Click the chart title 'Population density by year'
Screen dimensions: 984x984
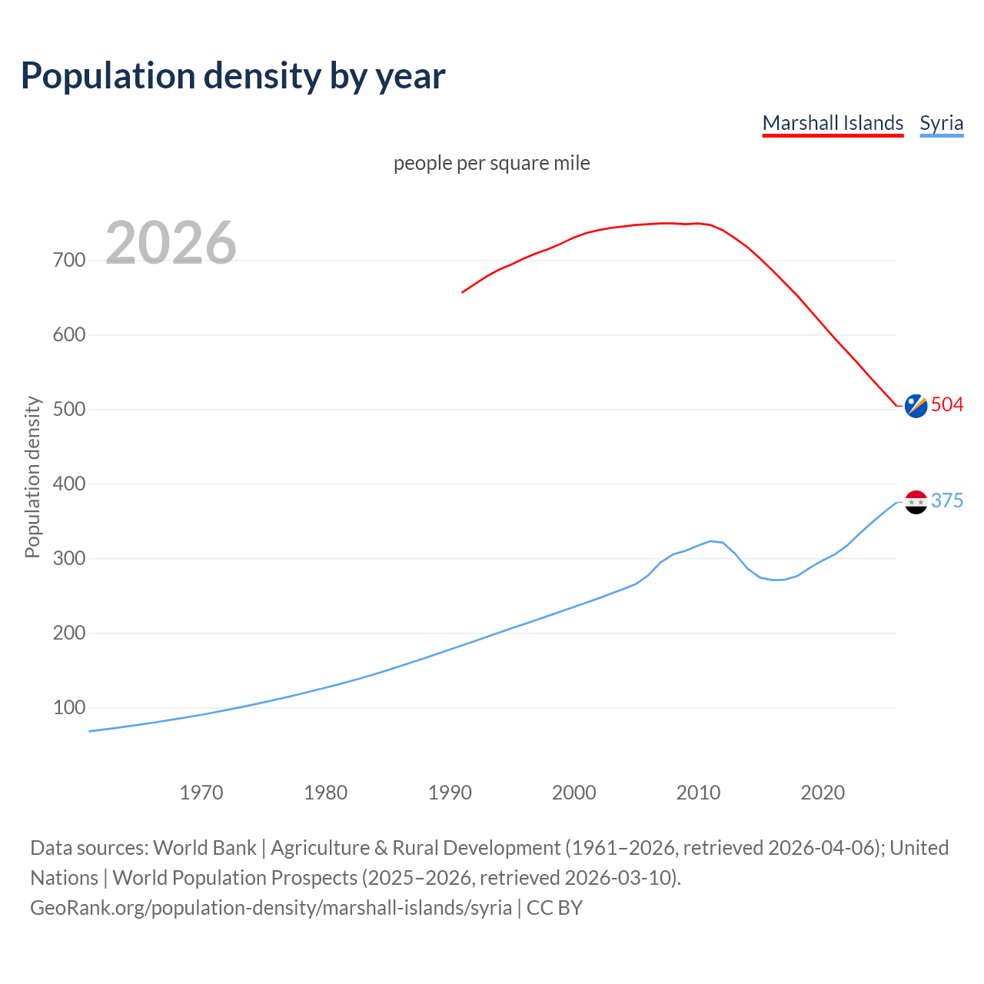233,75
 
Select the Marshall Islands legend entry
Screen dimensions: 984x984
833,123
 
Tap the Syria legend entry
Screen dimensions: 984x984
941,123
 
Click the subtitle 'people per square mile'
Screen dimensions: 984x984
491,163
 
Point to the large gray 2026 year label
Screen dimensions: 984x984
171,243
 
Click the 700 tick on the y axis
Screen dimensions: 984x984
69,261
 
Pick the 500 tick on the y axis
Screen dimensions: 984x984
69,410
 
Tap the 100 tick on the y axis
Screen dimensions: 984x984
69,708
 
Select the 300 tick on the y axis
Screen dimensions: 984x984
69,559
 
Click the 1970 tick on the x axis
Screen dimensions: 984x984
201,793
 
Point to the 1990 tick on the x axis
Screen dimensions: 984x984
450,793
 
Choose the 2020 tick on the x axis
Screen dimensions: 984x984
823,793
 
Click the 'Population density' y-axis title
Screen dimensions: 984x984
32,477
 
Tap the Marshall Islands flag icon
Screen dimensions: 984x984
916,406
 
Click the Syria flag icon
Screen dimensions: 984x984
916,502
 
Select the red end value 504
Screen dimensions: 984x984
947,405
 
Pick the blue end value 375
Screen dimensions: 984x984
947,501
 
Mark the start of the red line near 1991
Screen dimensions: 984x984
463,292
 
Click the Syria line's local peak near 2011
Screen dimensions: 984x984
710,541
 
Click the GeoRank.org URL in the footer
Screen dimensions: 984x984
271,908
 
